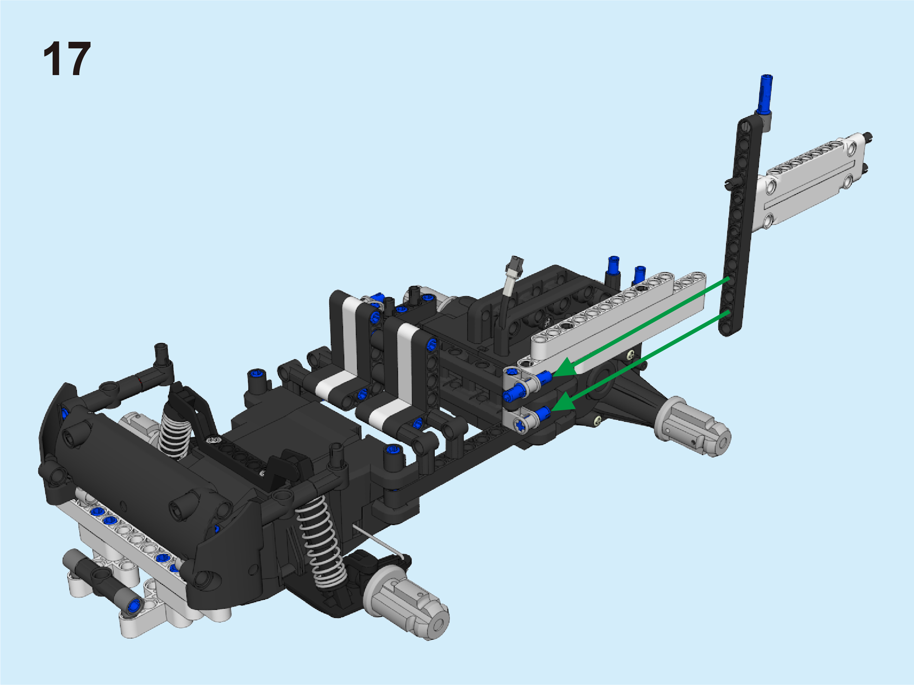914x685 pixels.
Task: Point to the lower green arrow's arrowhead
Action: (564, 402)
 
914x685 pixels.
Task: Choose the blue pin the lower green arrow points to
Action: (542, 413)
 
